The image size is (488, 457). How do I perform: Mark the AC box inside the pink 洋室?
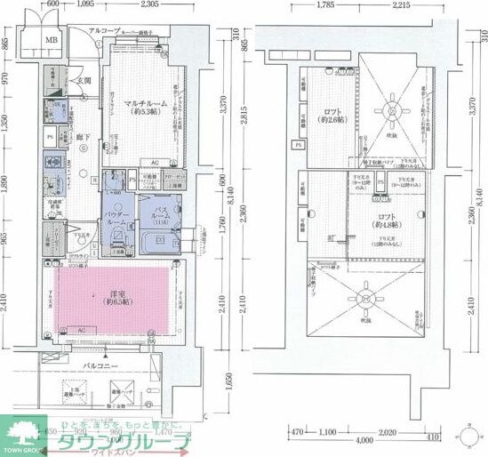82,329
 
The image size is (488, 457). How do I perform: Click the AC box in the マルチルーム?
154,163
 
